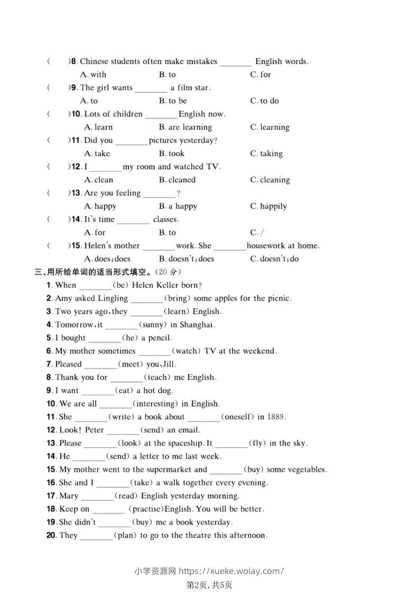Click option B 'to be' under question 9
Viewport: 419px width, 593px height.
173,101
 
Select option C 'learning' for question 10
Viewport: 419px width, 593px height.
270,127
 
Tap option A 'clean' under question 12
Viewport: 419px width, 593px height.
99,180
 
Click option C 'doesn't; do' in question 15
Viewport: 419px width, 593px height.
275,259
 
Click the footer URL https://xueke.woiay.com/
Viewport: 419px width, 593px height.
231,571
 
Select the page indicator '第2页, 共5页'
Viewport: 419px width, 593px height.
210,585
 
